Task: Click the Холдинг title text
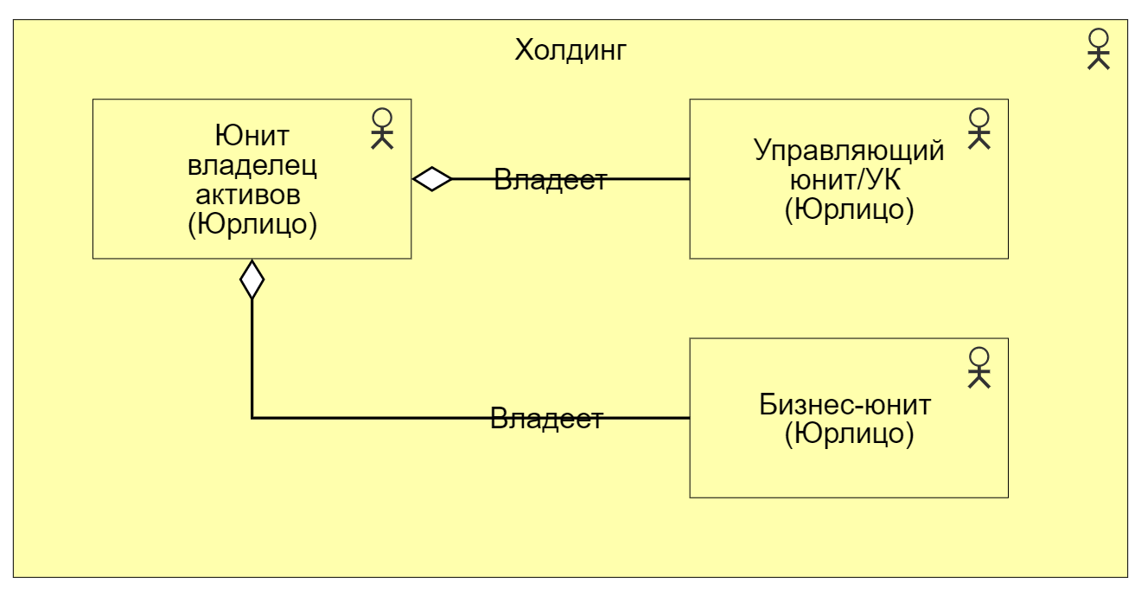point(570,50)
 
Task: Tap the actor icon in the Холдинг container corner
point(1098,49)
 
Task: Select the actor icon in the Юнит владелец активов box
point(382,128)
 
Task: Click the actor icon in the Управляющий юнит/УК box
point(978,128)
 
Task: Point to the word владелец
point(252,164)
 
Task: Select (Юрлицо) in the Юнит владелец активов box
point(252,223)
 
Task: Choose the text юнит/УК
point(849,180)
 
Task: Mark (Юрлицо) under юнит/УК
point(849,209)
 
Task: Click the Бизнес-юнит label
point(849,404)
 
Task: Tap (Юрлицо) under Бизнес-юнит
point(849,433)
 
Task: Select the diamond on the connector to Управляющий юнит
point(432,179)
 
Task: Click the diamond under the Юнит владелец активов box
point(252,279)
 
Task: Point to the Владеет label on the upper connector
point(550,181)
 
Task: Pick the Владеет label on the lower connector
point(546,420)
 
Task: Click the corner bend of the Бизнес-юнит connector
point(252,418)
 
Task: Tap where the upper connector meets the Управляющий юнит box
point(689,179)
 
